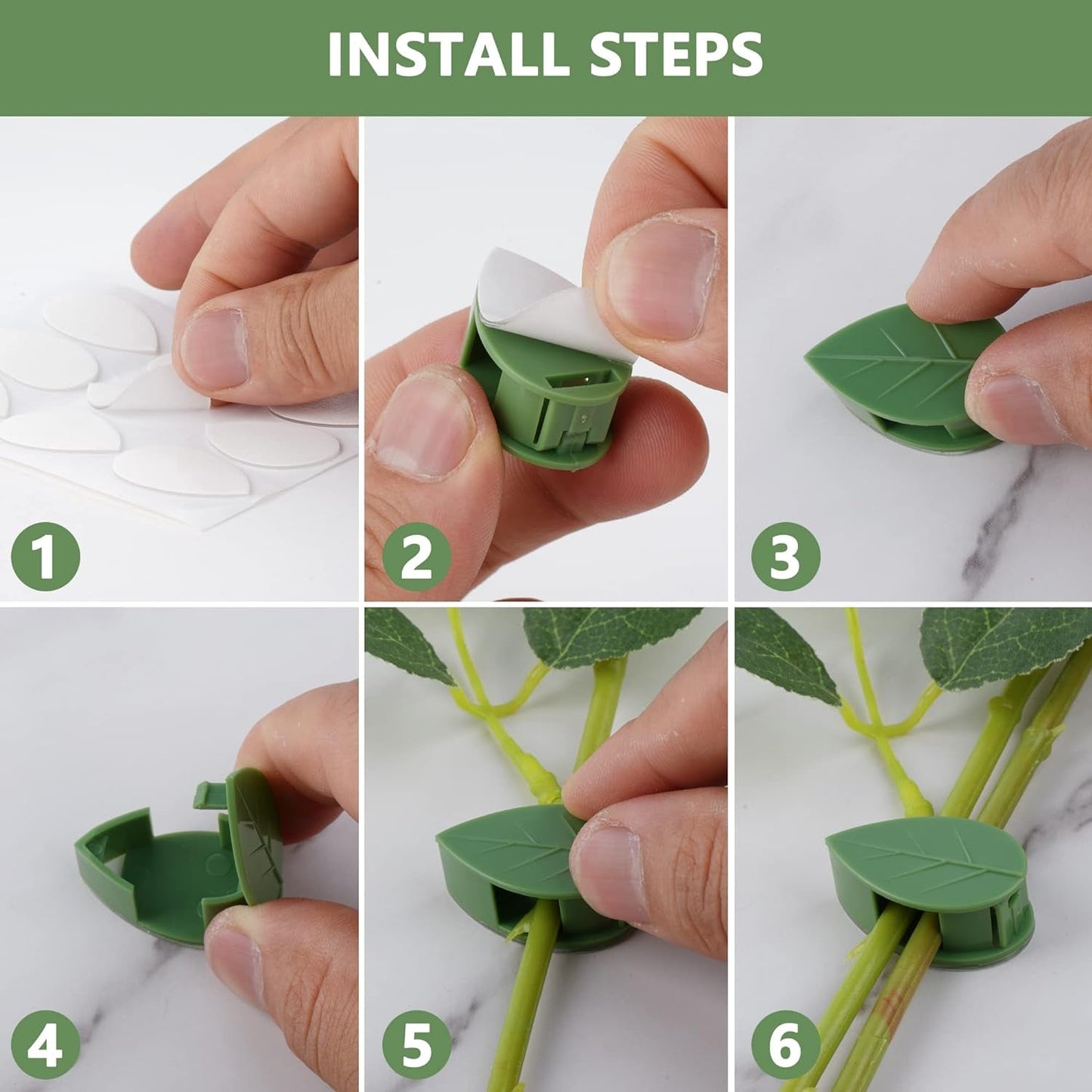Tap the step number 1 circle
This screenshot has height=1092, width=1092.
(45, 557)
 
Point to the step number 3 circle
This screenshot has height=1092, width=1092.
(785, 557)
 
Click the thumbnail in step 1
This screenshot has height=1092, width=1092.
(213, 347)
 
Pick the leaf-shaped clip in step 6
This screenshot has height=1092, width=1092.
(930, 862)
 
